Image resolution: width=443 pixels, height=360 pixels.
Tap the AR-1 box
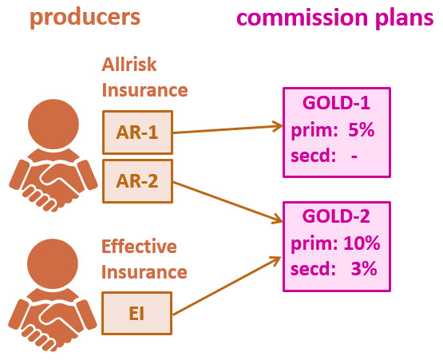click(137, 131)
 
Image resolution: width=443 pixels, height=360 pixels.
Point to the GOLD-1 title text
click(336, 105)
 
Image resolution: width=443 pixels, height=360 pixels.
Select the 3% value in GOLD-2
click(363, 268)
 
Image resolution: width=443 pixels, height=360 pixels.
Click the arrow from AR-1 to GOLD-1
click(227, 128)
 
